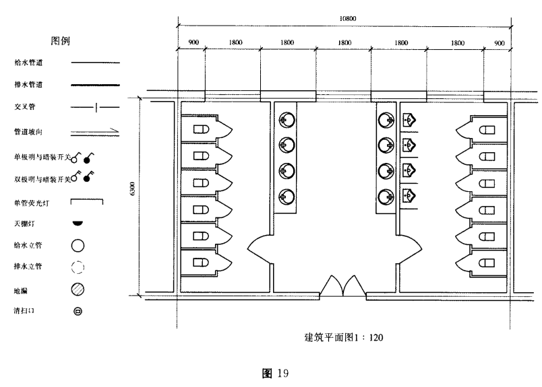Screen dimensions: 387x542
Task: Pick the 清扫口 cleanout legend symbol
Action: tap(78, 312)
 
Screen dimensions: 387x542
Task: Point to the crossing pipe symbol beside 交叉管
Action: tap(95, 108)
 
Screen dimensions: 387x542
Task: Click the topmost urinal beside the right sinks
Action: tap(408, 120)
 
